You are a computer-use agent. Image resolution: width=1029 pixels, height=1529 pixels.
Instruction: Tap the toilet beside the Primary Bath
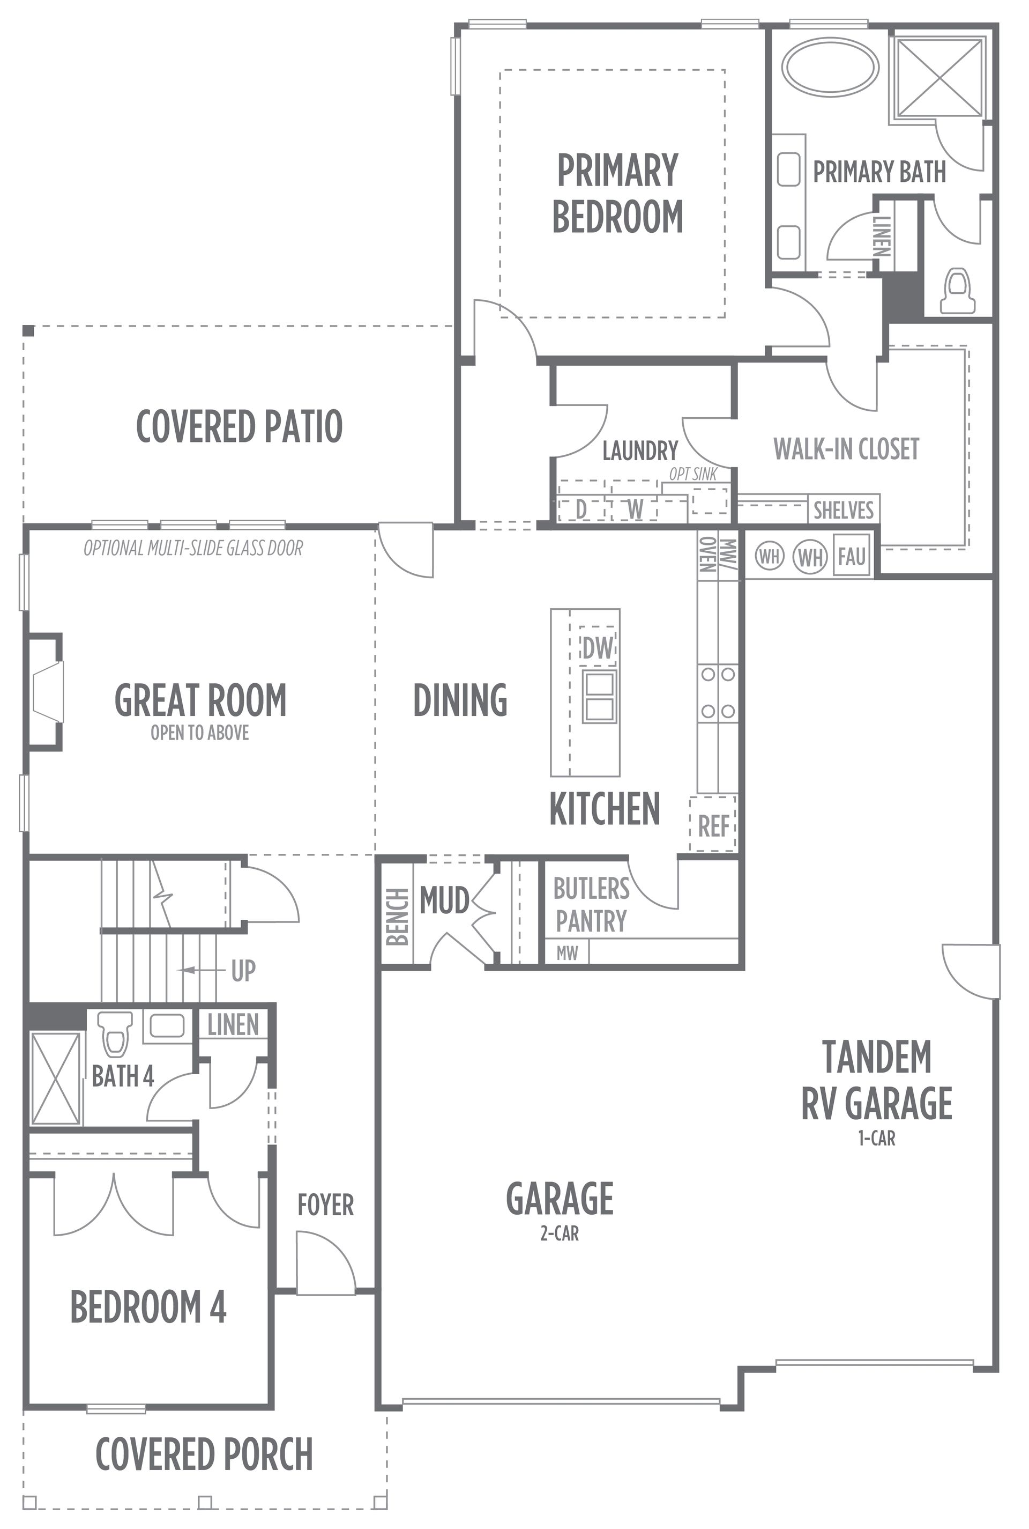click(x=958, y=290)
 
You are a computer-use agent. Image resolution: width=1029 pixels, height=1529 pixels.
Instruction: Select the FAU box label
click(x=851, y=557)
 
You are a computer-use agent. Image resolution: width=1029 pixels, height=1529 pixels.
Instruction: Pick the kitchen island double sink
click(x=599, y=697)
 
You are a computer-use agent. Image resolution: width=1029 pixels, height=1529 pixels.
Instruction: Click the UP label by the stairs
click(x=243, y=970)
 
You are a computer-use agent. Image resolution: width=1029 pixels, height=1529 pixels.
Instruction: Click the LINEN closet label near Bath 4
click(x=233, y=1025)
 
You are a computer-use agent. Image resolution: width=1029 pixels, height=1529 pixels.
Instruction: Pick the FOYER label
click(x=325, y=1205)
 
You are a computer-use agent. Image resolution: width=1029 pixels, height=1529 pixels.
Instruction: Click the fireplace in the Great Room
click(x=46, y=691)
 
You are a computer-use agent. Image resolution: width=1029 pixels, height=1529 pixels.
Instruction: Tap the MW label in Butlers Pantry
click(x=567, y=952)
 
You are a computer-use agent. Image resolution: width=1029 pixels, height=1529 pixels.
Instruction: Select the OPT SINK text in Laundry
click(x=693, y=474)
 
